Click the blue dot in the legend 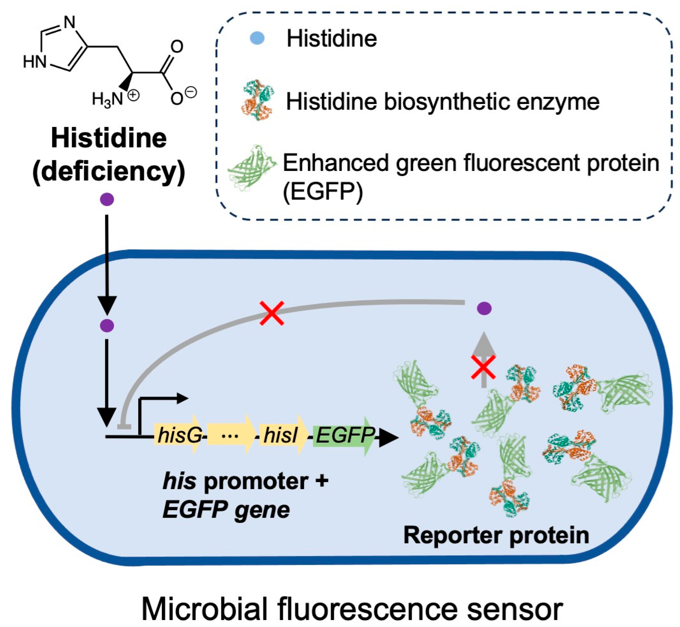[257, 38]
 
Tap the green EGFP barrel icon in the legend [252, 167]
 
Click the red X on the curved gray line [272, 313]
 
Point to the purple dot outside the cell [107, 199]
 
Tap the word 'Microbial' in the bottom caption [204, 609]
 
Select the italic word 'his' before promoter [179, 481]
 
